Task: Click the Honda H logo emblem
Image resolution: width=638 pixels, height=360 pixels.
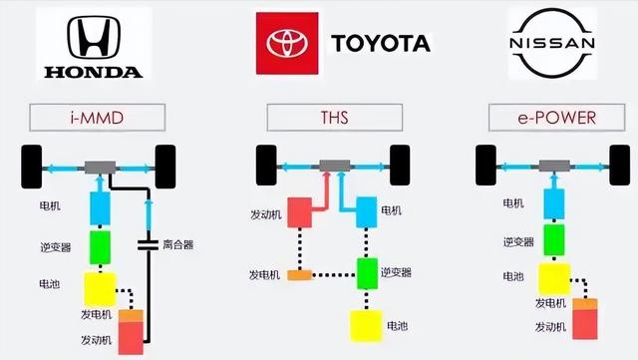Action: [x=94, y=38]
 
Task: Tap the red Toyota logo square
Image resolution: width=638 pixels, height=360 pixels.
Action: [x=287, y=43]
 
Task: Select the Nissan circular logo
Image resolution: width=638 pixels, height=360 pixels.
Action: [x=552, y=43]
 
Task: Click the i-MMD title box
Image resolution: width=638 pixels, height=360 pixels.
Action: [x=98, y=118]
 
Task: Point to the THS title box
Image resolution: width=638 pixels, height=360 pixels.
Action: [x=335, y=118]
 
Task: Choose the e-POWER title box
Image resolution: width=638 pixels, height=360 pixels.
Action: [x=556, y=118]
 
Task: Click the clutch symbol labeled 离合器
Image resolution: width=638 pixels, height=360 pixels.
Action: [x=148, y=244]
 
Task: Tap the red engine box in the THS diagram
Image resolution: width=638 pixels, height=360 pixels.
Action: [x=300, y=212]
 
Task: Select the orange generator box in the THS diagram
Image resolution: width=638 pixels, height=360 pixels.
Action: [x=300, y=275]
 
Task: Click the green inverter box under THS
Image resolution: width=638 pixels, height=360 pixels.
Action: [x=367, y=273]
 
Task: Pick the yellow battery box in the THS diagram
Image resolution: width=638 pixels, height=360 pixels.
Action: [x=366, y=325]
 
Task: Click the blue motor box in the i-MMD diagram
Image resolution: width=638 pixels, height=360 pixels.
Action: [x=100, y=208]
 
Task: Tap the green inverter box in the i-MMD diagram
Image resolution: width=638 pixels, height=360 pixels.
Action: [x=100, y=247]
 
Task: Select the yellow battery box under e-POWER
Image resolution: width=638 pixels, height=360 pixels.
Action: [x=554, y=279]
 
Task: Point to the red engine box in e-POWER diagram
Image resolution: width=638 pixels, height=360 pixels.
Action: [x=585, y=324]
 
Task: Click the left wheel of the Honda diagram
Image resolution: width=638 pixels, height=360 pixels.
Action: [x=31, y=167]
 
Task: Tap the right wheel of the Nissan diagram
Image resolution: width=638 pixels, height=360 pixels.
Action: [x=620, y=165]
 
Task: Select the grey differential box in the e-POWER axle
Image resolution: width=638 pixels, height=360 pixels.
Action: [x=554, y=166]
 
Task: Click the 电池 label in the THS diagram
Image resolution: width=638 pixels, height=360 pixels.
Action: [x=397, y=326]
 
